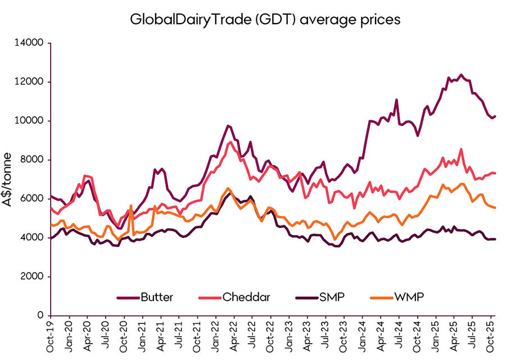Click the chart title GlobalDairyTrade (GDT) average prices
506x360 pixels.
265,19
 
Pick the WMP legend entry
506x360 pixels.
393,297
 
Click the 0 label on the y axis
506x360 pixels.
42,316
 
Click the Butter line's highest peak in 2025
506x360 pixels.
461,74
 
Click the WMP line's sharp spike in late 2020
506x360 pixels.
131,206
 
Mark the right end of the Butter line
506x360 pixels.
495,116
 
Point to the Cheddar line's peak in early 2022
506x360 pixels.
231,142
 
